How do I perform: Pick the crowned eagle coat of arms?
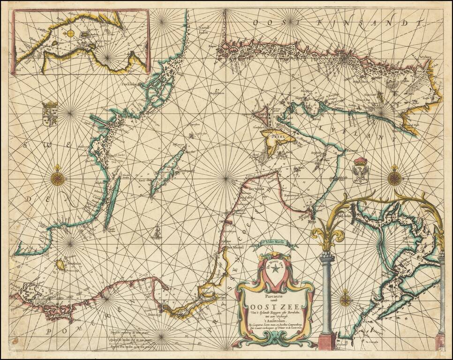pyautogui.click(x=360, y=171)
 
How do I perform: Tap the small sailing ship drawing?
pyautogui.click(x=158, y=231)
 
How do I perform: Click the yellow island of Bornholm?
pyautogui.click(x=60, y=265)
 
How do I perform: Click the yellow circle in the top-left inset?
pyautogui.click(x=70, y=33)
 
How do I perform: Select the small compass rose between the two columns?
pyautogui.click(x=346, y=299)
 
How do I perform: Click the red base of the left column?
pyautogui.click(x=326, y=341)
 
